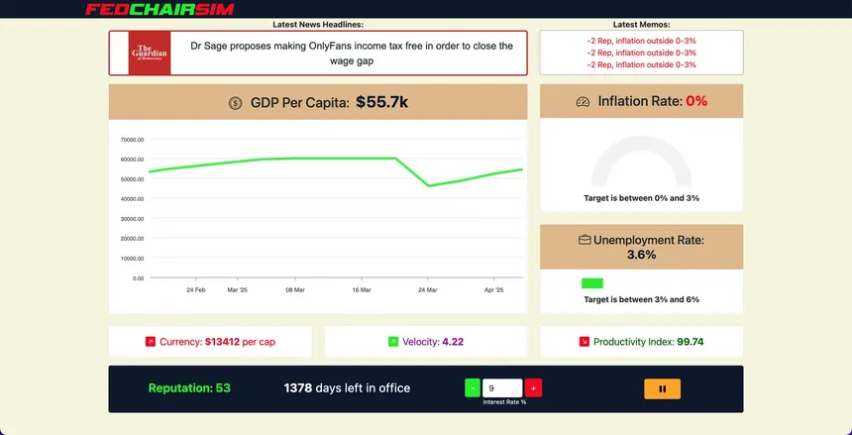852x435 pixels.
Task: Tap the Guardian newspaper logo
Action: coord(150,53)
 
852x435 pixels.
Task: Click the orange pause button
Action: coord(662,388)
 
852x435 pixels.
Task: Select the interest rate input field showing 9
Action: coord(501,388)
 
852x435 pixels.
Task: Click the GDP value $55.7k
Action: coord(381,102)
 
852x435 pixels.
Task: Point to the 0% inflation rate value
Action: coord(696,101)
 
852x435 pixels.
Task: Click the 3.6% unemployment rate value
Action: coord(641,255)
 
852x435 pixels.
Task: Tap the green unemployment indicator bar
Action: coord(592,283)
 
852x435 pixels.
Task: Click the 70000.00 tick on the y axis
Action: coord(132,140)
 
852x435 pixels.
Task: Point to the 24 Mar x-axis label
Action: coord(427,290)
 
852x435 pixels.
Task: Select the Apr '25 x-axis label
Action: coord(493,290)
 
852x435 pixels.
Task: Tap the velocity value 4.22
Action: coord(453,342)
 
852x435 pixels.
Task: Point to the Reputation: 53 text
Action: coord(189,388)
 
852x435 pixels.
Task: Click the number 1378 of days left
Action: coord(298,388)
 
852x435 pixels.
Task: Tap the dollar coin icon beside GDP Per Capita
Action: coord(235,103)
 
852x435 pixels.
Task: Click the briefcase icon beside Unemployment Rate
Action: coord(585,240)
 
